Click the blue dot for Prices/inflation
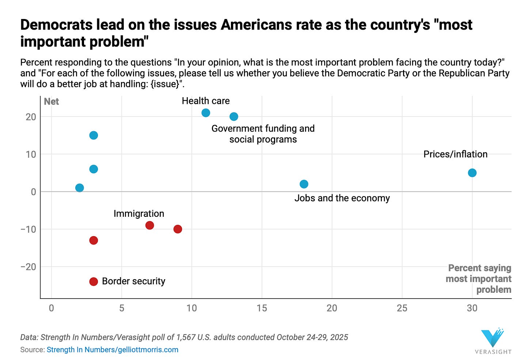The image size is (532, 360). (x=472, y=173)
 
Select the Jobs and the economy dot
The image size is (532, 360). (x=304, y=184)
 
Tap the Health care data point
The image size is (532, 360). (x=206, y=113)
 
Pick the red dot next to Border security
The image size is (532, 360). (x=94, y=281)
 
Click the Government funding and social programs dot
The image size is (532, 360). (x=234, y=117)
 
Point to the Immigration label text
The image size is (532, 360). (x=139, y=213)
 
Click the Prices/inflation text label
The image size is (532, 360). (x=455, y=154)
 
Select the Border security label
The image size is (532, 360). (x=133, y=281)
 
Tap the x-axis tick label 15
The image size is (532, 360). (x=262, y=308)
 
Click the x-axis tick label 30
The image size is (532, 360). (x=472, y=308)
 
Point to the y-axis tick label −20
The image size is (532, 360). (x=28, y=267)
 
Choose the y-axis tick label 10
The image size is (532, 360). (x=31, y=154)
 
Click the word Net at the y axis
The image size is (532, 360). (x=51, y=102)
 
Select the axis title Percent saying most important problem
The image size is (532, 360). (x=479, y=279)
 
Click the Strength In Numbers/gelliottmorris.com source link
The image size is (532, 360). (x=113, y=349)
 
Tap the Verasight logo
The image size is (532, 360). (x=493, y=341)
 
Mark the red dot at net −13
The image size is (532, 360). (x=94, y=240)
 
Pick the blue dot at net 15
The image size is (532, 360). (x=94, y=135)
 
